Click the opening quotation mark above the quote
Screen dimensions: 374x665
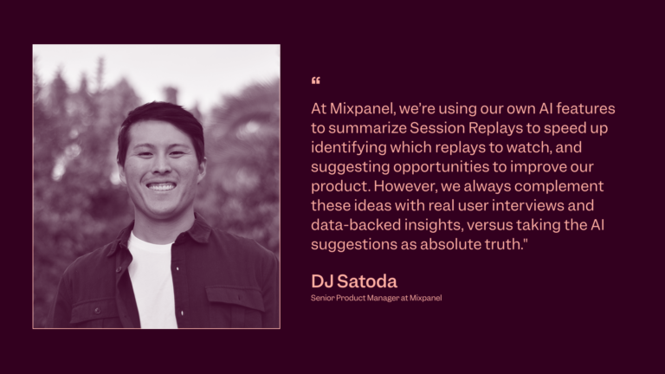pyautogui.click(x=315, y=81)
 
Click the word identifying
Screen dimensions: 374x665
pyautogui.click(x=345, y=147)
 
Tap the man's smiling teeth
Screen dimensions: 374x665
pyautogui.click(x=161, y=186)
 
